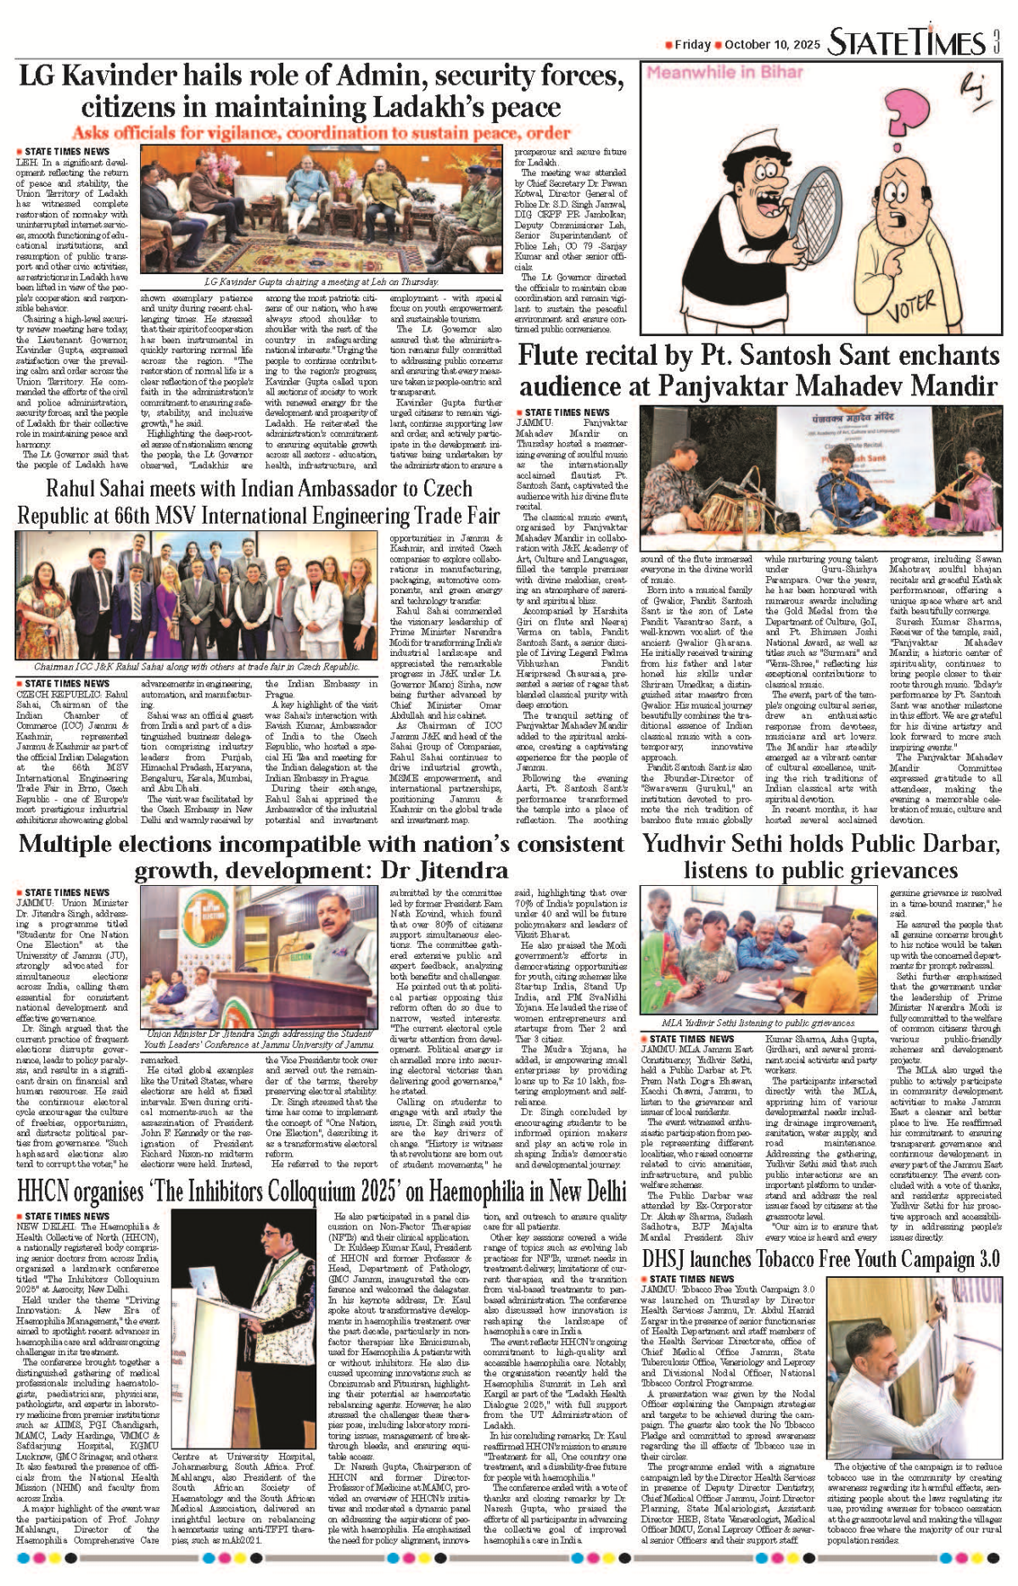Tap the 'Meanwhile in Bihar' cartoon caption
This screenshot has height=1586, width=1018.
pyautogui.click(x=724, y=73)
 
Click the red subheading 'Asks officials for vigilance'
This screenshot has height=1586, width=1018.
pyautogui.click(x=321, y=133)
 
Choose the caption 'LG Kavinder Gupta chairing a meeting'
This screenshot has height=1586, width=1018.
pyautogui.click(x=322, y=282)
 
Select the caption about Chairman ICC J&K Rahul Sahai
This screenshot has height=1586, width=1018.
pyautogui.click(x=197, y=667)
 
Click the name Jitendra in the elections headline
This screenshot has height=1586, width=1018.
pyautogui.click(x=455, y=871)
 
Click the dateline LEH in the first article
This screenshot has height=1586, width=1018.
pyautogui.click(x=26, y=162)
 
